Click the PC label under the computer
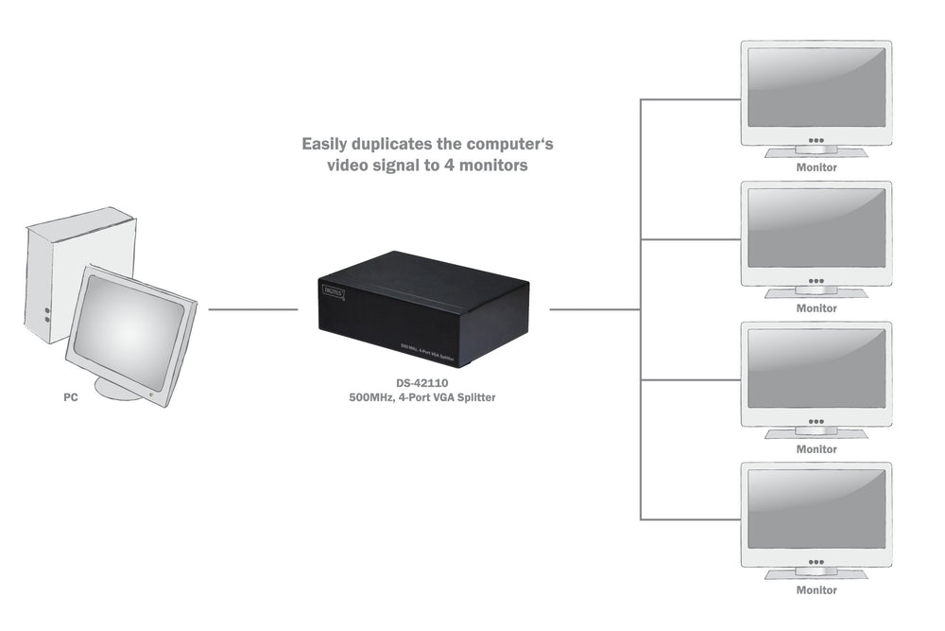pos(70,398)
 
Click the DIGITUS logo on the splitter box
pos(334,292)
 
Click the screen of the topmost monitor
pos(816,88)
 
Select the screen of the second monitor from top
pos(816,229)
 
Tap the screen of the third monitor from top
pos(816,370)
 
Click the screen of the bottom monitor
pos(816,511)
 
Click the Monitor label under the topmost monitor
pos(816,167)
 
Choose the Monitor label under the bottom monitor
pos(816,590)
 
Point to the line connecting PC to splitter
pos(252,309)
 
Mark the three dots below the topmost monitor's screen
pos(816,140)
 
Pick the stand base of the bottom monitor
pos(816,574)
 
